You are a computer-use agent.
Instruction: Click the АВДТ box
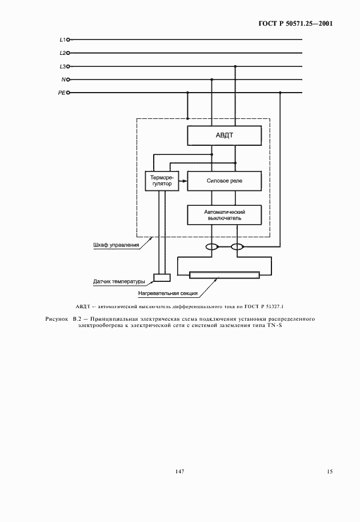pos(225,136)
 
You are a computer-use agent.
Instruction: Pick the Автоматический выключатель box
pos(225,214)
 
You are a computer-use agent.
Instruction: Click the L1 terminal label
pos(63,40)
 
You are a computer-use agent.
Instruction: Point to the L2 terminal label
pos(63,53)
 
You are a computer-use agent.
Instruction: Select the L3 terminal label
pos(63,66)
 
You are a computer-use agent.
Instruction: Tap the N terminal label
pos(63,79)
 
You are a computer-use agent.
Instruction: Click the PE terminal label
pos(62,93)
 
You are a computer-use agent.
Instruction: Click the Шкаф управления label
pos(116,245)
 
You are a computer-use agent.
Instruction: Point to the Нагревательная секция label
pos(167,294)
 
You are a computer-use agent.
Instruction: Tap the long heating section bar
pos(225,276)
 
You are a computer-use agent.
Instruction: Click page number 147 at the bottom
pos(179,472)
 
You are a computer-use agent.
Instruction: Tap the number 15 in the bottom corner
pos(330,472)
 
